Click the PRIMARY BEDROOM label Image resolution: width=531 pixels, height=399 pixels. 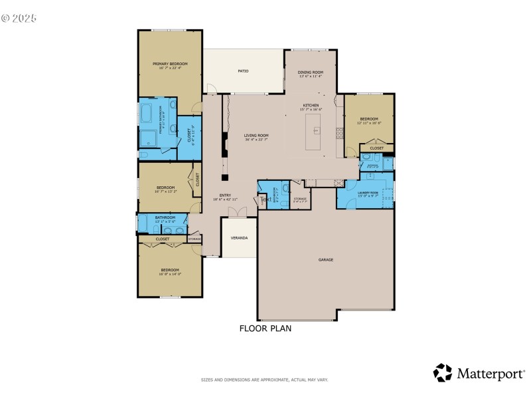coord(170,64)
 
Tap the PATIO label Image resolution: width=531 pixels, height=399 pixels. coord(244,70)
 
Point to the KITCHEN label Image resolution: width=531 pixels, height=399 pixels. coord(311,105)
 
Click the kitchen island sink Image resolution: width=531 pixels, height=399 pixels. coord(317,128)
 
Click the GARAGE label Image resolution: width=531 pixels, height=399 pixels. coord(325,259)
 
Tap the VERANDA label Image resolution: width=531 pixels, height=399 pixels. coord(239,237)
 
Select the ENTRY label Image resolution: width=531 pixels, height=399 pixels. coord(225,196)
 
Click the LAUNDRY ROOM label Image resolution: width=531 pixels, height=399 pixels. coord(368,192)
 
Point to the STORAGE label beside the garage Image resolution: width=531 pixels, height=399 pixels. coord(300,198)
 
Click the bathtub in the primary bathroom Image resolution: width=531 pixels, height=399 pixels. coord(147,113)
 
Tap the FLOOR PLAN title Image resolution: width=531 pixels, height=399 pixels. coord(265,328)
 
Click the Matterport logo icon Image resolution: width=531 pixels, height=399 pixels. coord(443,372)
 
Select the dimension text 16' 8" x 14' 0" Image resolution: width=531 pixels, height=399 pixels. coord(170,274)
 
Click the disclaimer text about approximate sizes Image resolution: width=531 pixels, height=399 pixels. coord(265,380)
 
